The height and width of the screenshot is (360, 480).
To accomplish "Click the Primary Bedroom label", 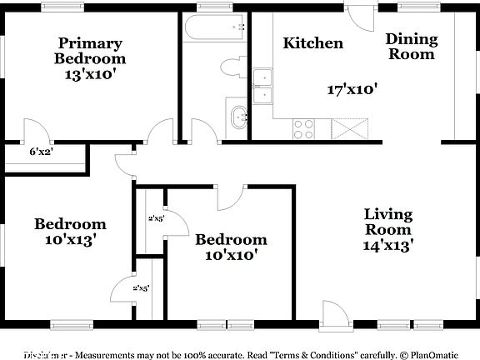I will (90, 51).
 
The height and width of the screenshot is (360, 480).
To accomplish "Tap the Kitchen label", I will (312, 43).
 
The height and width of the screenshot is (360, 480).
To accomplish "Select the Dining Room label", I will (410, 46).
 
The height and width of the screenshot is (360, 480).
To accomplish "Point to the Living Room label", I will (388, 222).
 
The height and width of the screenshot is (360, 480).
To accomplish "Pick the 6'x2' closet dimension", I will (42, 152).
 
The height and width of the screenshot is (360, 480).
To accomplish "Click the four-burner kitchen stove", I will (303, 129).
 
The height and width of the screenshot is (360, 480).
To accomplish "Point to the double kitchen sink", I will (265, 87).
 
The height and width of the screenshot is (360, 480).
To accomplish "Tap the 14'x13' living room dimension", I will (388, 245).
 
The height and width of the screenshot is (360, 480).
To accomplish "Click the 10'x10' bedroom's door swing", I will (231, 197).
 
